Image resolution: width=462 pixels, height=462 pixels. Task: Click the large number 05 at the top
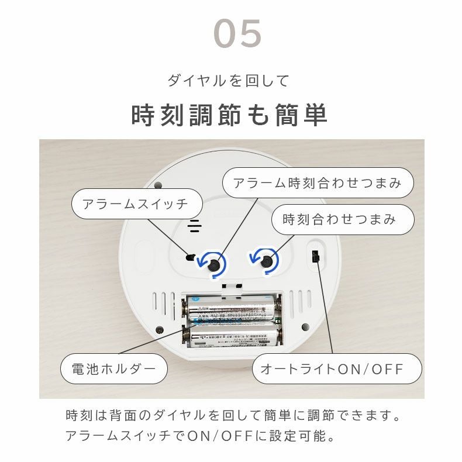click(237, 34)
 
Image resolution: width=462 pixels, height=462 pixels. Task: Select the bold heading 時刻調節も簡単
click(229, 115)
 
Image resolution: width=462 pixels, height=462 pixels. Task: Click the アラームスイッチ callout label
click(136, 204)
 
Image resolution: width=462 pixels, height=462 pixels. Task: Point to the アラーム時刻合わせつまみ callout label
click(318, 182)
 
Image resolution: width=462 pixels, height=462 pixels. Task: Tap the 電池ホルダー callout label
click(114, 369)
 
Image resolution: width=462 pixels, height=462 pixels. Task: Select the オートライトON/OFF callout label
click(337, 369)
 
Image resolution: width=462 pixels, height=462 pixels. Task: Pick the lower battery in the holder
click(231, 336)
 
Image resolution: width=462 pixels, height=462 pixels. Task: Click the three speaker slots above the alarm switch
click(195, 226)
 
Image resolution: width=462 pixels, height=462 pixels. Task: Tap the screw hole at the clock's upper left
click(158, 186)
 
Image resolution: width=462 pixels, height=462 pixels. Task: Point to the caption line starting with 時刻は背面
click(233, 416)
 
